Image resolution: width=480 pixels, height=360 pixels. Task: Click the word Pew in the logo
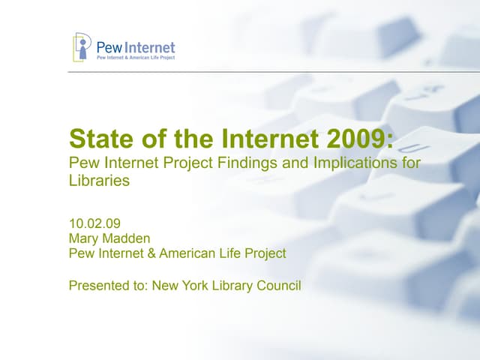coord(109,47)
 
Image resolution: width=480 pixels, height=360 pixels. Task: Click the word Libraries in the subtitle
coord(99,181)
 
